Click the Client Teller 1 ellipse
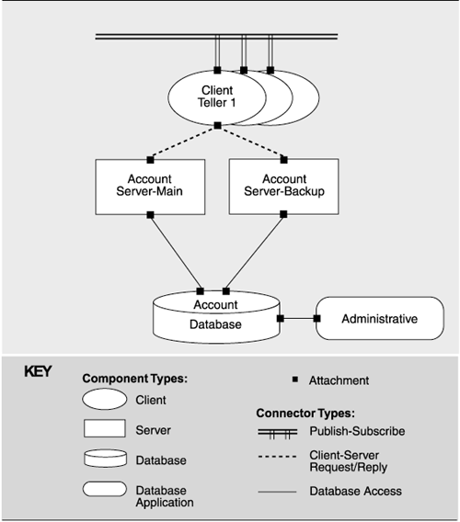pos(217,97)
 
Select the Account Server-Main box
pos(150,187)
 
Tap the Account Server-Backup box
pos(283,187)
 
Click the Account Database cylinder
pos(216,317)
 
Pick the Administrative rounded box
pos(380,319)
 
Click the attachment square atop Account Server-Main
pos(150,160)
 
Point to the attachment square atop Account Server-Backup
pos(283,160)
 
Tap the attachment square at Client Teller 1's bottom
pos(218,126)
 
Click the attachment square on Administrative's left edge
pos(317,319)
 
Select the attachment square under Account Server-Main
pos(150,215)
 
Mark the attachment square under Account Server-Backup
pos(283,214)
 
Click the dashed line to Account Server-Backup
pos(250,142)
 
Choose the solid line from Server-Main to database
pos(175,253)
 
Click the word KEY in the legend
pos(38,371)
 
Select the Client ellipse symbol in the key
pos(105,399)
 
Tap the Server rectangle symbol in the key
pos(105,428)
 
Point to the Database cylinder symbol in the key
pos(105,459)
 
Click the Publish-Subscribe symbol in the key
pos(277,433)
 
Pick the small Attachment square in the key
pos(295,380)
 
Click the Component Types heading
pos(135,379)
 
